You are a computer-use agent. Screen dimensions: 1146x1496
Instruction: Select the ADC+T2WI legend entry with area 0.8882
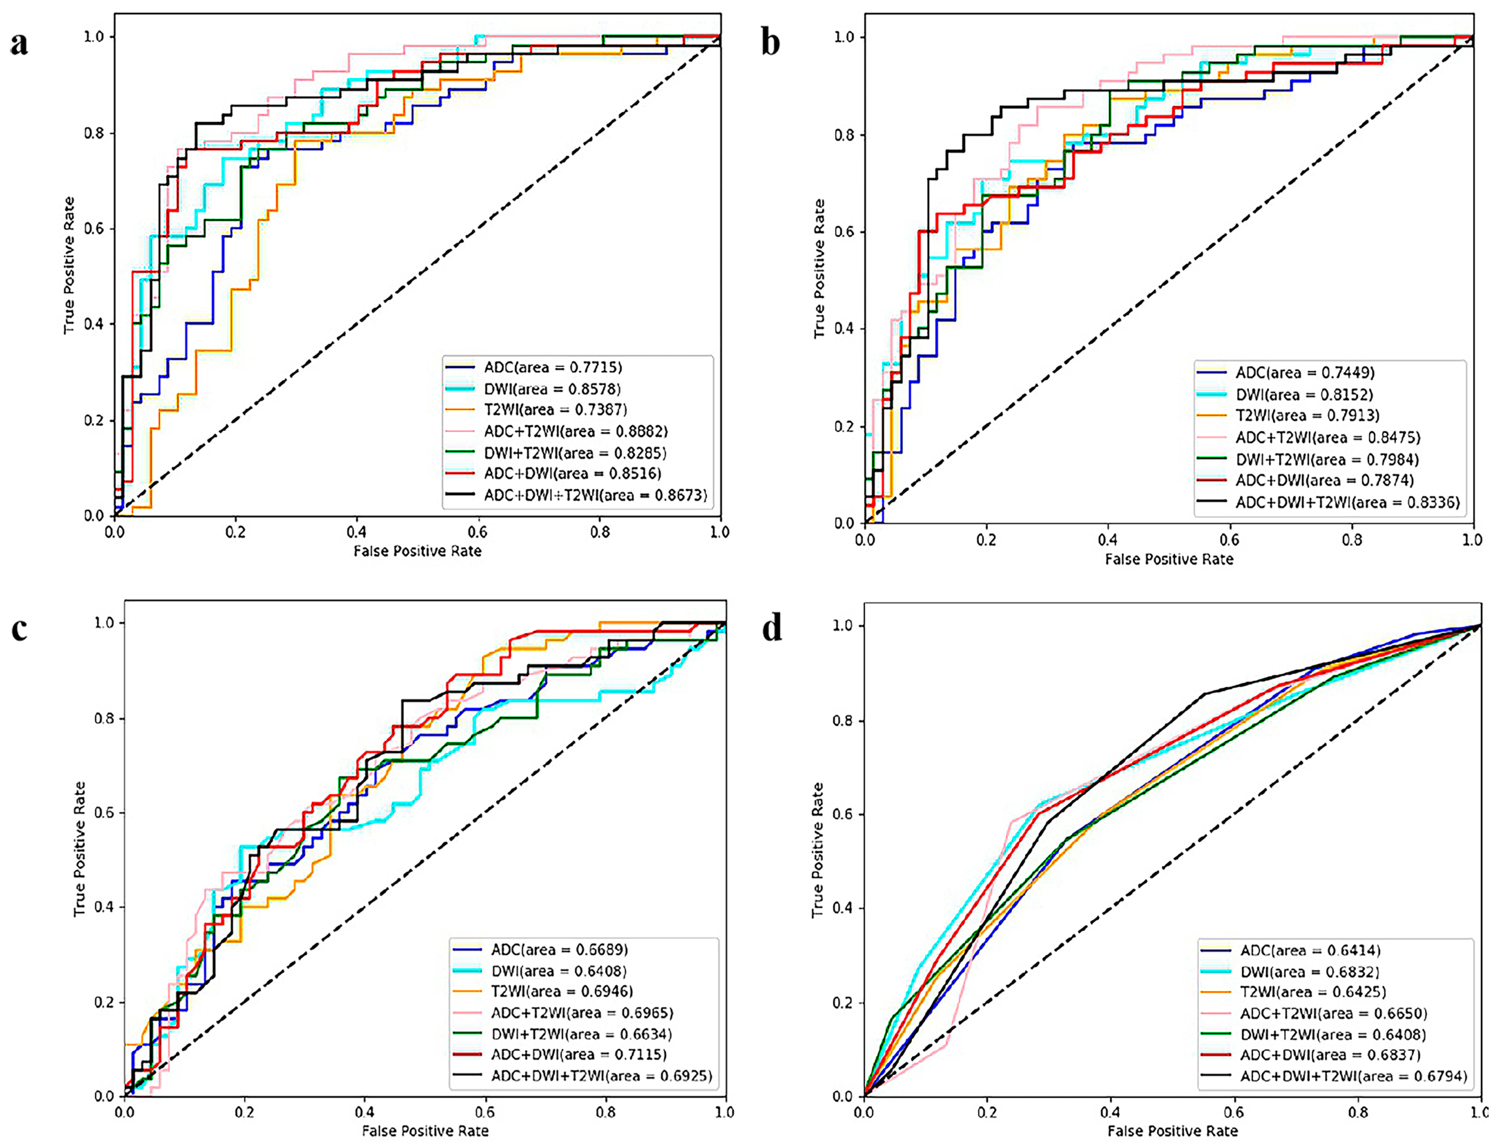click(575, 431)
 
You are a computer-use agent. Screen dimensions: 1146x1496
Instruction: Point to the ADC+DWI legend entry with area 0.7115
click(578, 1055)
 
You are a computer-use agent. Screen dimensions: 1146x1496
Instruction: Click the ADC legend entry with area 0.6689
click(559, 950)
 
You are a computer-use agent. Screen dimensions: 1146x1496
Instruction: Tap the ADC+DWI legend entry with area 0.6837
click(1330, 1055)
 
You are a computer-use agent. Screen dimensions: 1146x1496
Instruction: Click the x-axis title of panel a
click(417, 551)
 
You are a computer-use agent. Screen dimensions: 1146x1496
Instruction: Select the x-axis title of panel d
click(1172, 1131)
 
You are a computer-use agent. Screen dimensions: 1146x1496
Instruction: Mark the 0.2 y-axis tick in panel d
click(843, 1003)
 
